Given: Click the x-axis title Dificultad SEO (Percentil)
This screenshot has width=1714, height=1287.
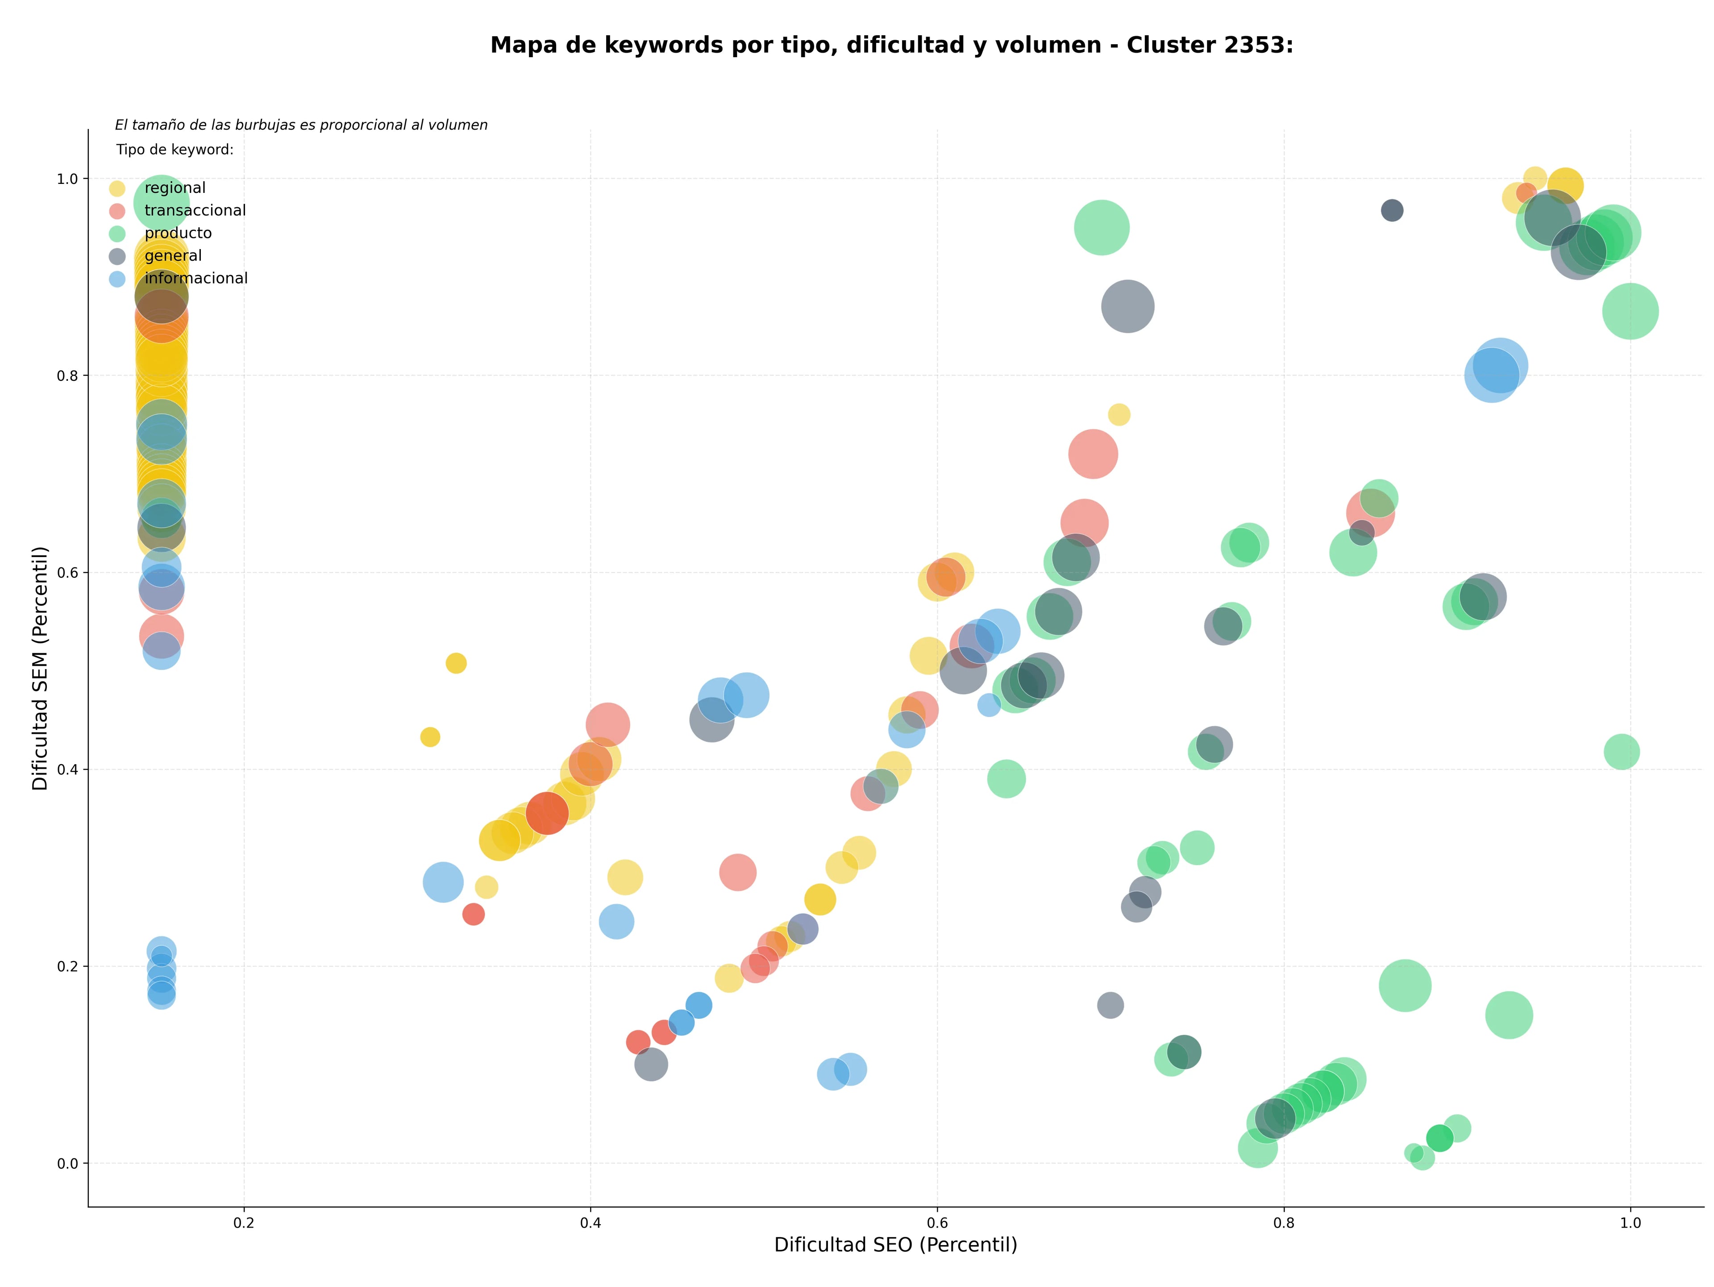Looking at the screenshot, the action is click(x=896, y=1245).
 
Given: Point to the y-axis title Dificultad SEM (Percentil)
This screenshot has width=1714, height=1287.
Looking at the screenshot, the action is click(x=40, y=668).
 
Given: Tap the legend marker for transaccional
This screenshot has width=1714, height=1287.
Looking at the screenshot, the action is click(x=117, y=211).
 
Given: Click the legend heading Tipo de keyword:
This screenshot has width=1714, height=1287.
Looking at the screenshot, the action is click(x=175, y=150).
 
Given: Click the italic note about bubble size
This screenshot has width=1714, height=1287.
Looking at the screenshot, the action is click(x=301, y=125).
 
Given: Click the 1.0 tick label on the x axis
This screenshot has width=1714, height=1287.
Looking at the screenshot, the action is click(x=1631, y=1224).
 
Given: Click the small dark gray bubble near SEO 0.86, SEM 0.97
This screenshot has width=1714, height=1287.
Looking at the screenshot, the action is click(x=1393, y=211).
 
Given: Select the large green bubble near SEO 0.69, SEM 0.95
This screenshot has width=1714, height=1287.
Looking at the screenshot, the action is click(x=1102, y=228).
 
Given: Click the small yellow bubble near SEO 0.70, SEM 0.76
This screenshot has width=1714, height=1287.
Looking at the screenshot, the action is click(x=1119, y=415).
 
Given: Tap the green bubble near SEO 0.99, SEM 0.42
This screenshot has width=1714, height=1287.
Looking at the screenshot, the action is click(x=1622, y=752).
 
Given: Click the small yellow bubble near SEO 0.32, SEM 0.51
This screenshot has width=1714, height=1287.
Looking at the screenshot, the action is click(x=456, y=663).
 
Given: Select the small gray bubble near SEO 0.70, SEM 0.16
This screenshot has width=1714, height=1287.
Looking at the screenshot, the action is click(x=1111, y=1006).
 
